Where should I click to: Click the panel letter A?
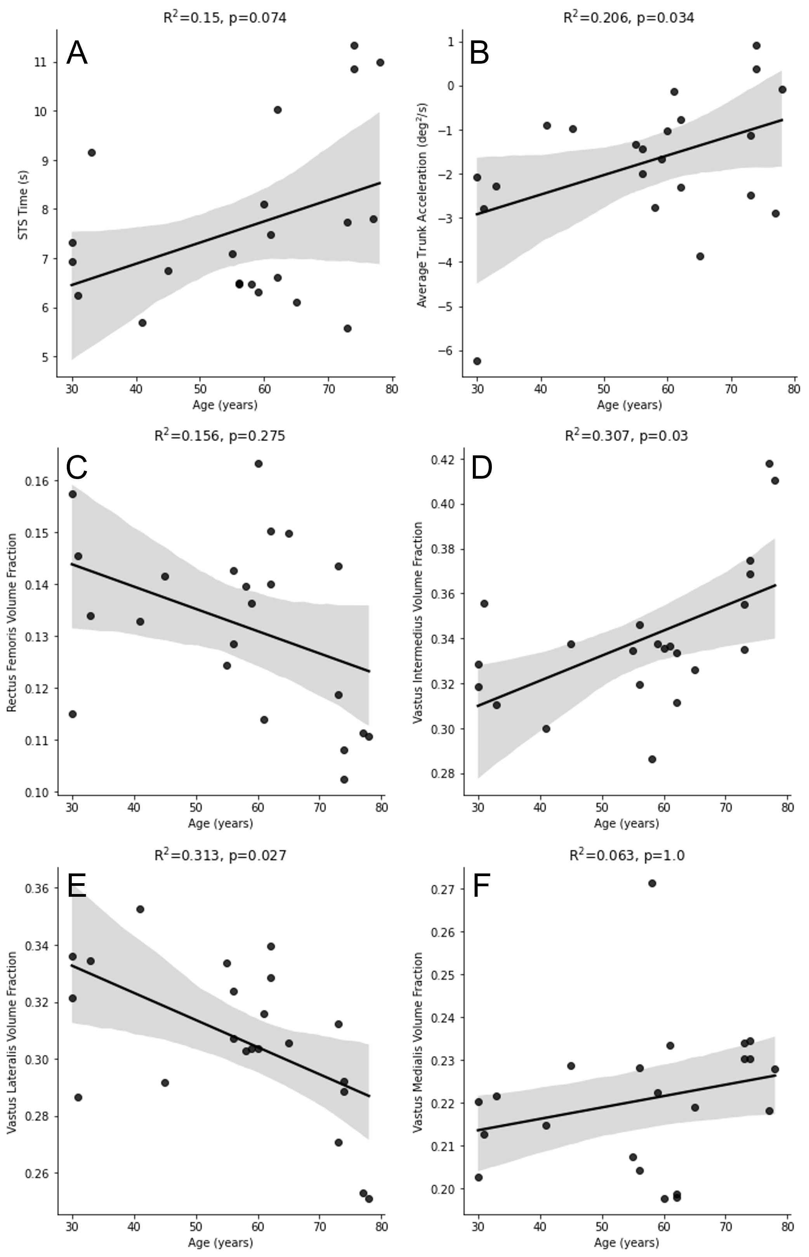[x=77, y=53]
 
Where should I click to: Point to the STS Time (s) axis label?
[x=23, y=205]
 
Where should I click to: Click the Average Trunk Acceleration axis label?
[x=422, y=205]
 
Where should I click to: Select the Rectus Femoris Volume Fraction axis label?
[x=12, y=622]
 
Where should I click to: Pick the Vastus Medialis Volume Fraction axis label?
[x=418, y=1042]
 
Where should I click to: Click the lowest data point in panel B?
[x=477, y=361]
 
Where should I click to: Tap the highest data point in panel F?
[x=652, y=883]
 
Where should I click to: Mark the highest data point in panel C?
[x=259, y=463]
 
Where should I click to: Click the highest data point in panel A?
[x=354, y=46]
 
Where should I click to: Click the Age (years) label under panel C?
[x=220, y=823]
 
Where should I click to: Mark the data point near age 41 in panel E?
[x=140, y=909]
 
